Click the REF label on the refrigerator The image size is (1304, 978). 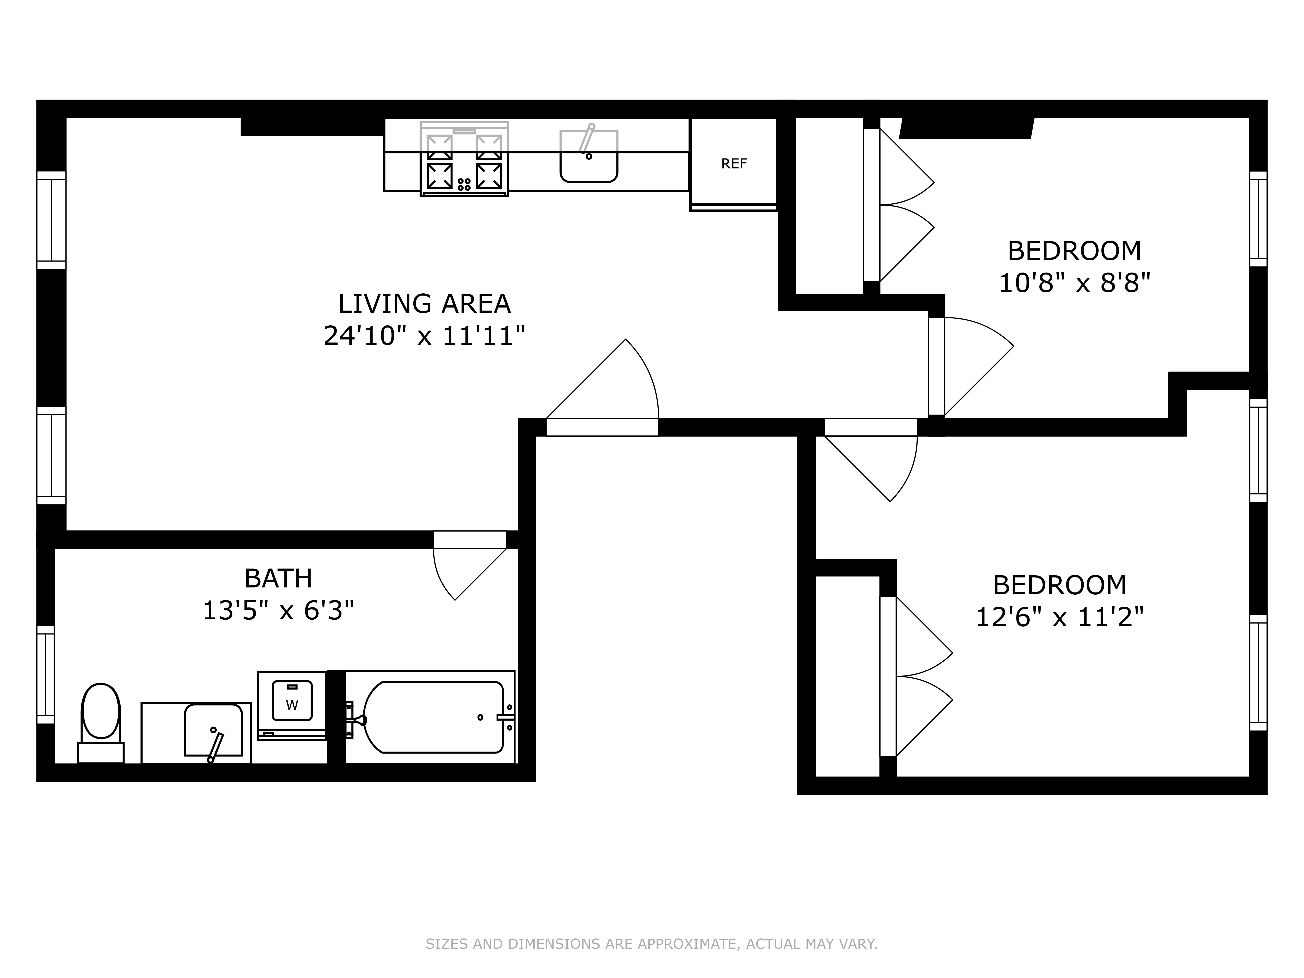coord(734,164)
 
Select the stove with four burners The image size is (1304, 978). coord(464,159)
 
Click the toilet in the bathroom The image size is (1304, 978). coord(101,722)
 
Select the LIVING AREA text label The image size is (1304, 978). coord(424,304)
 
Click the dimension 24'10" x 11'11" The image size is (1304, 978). coord(424,336)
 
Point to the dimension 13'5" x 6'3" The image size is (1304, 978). coord(278,611)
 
